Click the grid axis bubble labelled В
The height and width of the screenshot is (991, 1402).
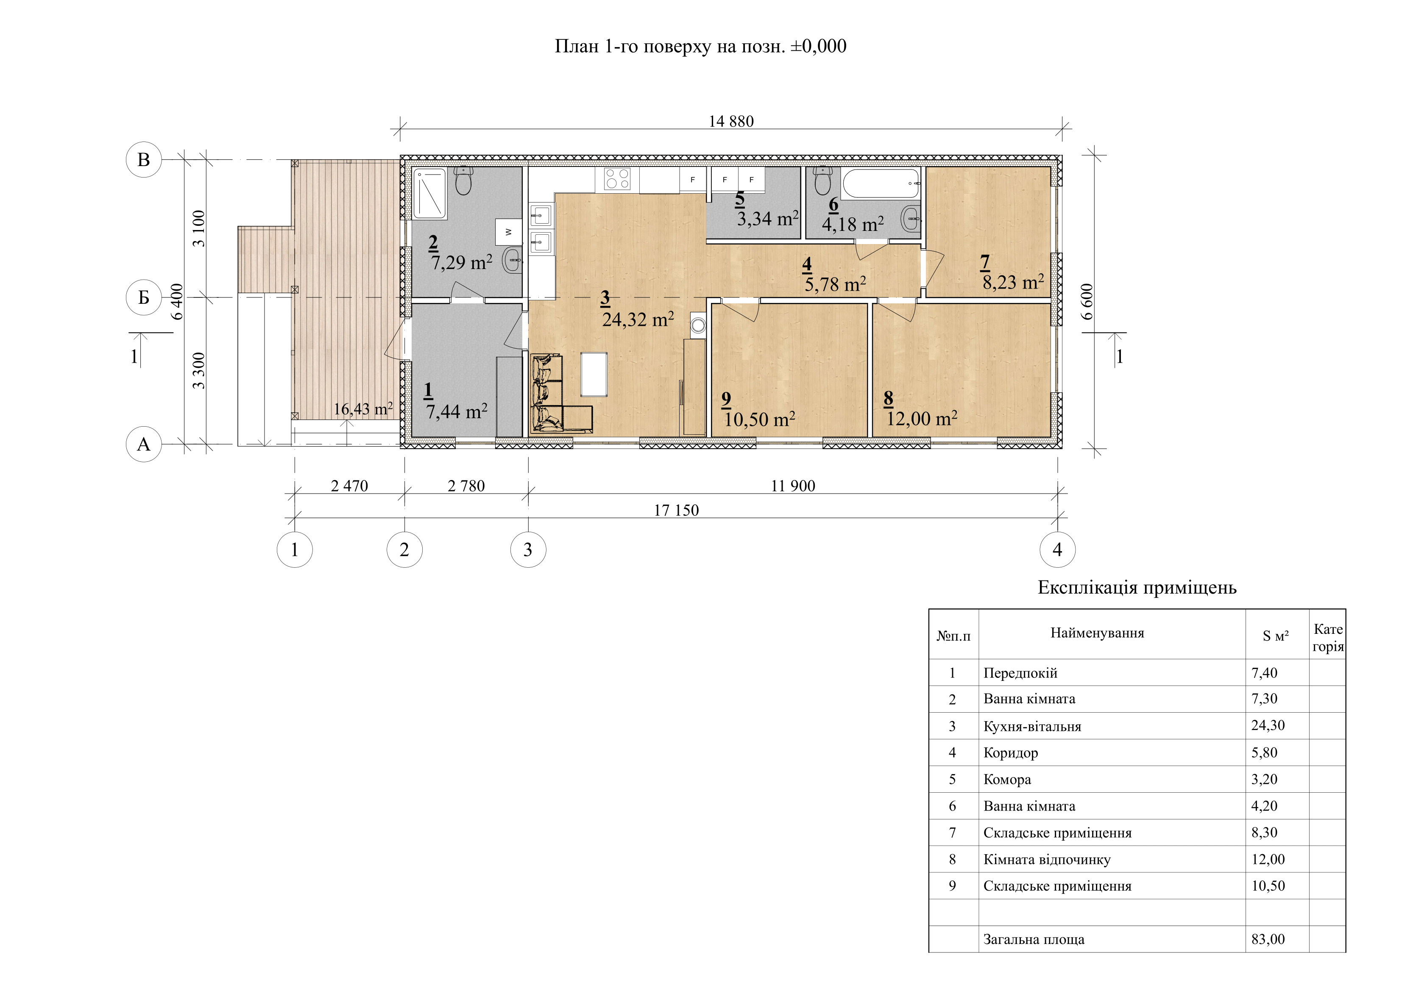click(x=143, y=159)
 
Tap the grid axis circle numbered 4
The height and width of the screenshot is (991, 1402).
click(x=1058, y=550)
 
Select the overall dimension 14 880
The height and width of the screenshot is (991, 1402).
click(x=731, y=122)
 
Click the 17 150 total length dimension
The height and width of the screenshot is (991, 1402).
click(x=676, y=510)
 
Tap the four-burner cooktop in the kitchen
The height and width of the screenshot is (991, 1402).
click(x=617, y=179)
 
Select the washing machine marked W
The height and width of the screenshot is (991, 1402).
click(x=508, y=232)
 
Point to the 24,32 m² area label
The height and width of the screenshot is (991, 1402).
click(x=638, y=319)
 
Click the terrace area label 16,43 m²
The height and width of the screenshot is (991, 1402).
click(x=363, y=409)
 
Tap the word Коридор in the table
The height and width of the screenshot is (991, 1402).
click(x=1011, y=753)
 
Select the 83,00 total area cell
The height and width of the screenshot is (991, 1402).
click(x=1268, y=939)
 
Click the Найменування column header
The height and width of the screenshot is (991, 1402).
click(x=1097, y=633)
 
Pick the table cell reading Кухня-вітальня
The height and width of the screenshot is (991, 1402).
click(x=1032, y=726)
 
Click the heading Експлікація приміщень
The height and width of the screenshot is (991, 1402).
click(x=1137, y=588)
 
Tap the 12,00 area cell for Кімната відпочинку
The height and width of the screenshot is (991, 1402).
click(x=1268, y=859)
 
